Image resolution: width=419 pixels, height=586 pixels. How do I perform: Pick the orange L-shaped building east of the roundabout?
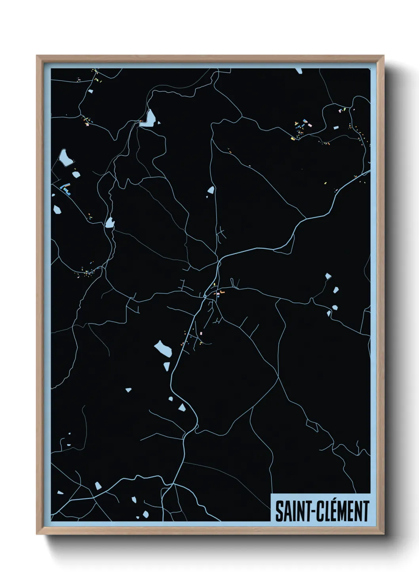[x=222, y=292]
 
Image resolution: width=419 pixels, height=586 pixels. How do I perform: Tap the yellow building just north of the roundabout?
[x=214, y=285]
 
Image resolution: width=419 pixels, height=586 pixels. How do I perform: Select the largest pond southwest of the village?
[x=163, y=348]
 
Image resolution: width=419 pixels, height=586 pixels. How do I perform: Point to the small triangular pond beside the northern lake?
[x=158, y=123]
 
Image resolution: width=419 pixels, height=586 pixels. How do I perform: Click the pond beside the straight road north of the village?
[x=211, y=190]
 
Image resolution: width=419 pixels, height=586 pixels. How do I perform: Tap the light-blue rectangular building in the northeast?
[x=305, y=121]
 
